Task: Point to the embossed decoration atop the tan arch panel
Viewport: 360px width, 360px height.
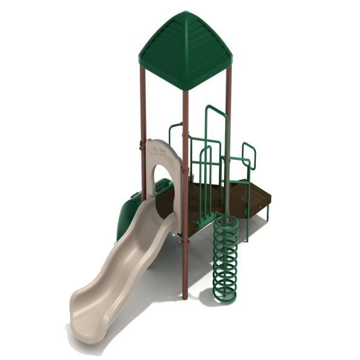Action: click(x=162, y=152)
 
